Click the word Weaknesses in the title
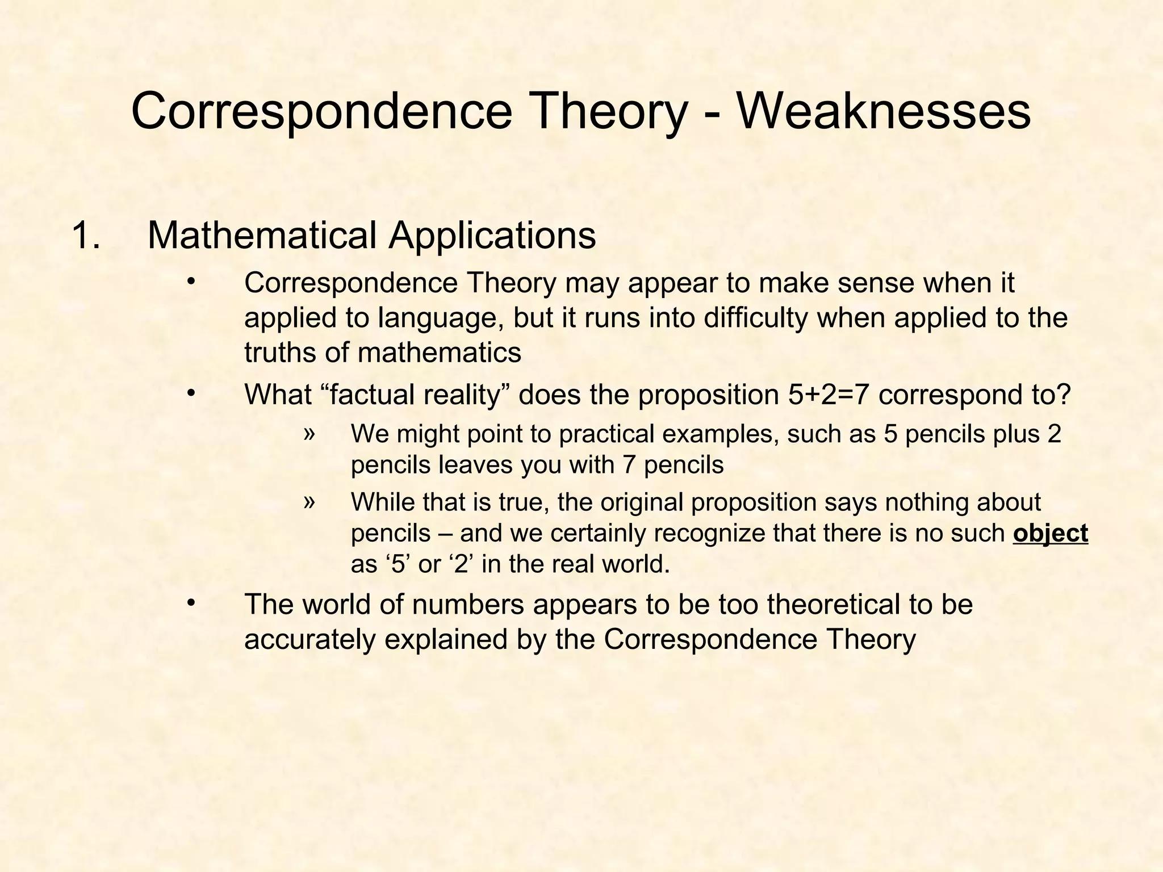(x=884, y=111)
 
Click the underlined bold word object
(x=1050, y=534)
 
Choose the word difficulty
(x=755, y=318)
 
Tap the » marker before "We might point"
(x=309, y=433)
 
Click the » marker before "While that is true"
(x=309, y=501)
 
